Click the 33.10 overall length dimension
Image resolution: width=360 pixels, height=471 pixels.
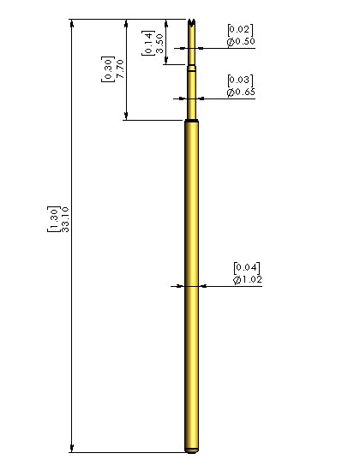(65, 219)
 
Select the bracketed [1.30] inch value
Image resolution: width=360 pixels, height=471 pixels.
(54, 219)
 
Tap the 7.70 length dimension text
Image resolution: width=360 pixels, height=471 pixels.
(120, 69)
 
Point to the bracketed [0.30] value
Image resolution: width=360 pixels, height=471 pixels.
(108, 69)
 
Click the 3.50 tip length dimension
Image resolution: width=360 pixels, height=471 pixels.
(160, 44)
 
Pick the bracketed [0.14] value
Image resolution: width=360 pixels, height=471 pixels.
(148, 43)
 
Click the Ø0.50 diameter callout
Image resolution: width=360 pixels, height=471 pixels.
(241, 41)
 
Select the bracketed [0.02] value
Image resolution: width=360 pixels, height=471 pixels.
(240, 30)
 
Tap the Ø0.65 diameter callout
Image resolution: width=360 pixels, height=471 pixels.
(241, 92)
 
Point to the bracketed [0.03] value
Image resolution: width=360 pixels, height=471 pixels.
(240, 80)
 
